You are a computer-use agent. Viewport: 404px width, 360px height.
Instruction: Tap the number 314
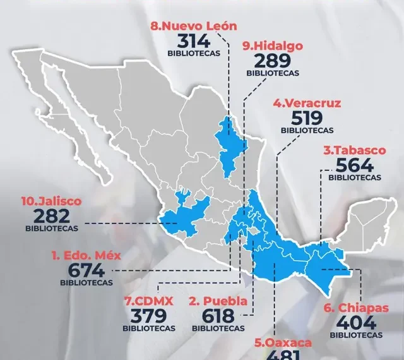coord(194,41)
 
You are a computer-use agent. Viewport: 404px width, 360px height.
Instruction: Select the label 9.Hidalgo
coord(272,45)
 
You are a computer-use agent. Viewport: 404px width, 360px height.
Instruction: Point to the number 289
coord(273,61)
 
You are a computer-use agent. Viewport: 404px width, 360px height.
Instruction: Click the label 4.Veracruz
coord(307,102)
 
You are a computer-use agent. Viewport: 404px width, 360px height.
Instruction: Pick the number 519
coord(307,117)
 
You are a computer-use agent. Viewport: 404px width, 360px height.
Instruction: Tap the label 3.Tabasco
coord(354,151)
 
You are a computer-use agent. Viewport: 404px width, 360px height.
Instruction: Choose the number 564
coord(354,165)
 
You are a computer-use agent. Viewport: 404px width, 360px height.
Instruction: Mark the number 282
coord(52,215)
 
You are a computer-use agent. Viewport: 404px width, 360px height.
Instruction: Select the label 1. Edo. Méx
coord(86,256)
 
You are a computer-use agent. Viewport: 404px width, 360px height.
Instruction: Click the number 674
coord(86,271)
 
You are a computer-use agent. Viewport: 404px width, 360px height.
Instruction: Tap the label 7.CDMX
coord(149,300)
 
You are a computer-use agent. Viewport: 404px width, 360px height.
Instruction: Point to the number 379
coord(150,315)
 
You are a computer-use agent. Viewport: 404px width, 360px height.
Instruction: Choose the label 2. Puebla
coord(218,300)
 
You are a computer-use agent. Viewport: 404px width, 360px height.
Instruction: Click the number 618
coord(218,315)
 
